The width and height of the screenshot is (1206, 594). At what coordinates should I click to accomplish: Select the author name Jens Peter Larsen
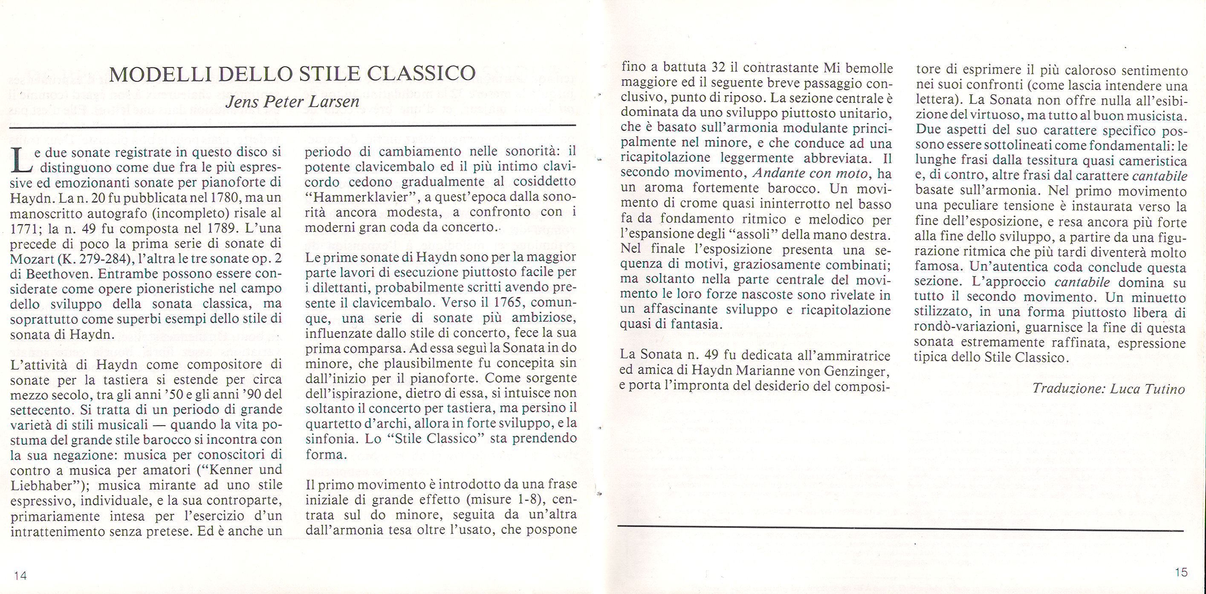(x=292, y=101)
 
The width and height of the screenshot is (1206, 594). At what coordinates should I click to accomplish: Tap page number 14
(x=20, y=575)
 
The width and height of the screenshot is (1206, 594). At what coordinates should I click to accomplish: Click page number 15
(x=1181, y=572)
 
